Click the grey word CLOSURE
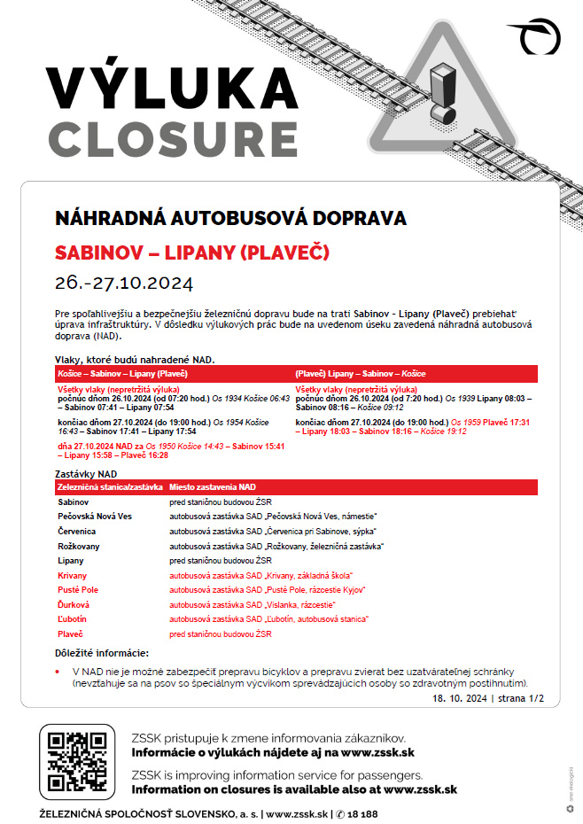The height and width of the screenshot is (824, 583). [174, 138]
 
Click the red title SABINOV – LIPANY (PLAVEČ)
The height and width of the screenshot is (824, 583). [192, 253]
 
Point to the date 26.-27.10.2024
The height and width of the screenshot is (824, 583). [123, 284]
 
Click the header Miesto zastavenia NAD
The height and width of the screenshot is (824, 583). [214, 487]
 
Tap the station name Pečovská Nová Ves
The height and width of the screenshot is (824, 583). [95, 516]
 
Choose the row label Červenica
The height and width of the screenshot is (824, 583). [78, 531]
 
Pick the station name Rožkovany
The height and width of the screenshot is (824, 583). [80, 546]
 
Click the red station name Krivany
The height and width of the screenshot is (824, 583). [73, 575]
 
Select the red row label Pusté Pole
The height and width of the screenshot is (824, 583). [78, 590]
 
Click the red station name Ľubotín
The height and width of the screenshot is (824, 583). [72, 619]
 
